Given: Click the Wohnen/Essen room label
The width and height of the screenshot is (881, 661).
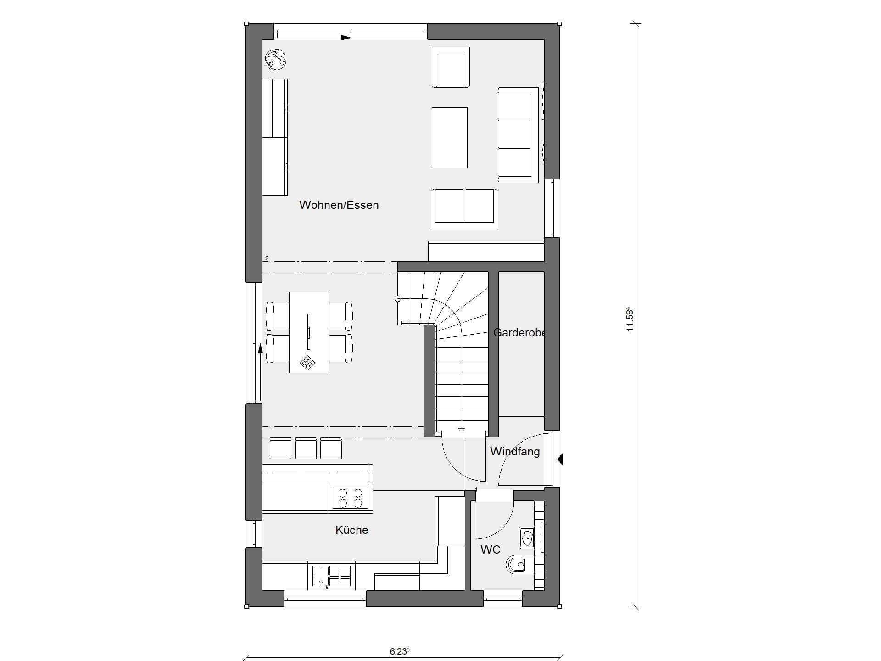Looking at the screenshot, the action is click(339, 205).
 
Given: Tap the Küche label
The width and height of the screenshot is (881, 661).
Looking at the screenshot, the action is click(352, 530).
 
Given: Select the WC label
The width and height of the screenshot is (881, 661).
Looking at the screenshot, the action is click(490, 549).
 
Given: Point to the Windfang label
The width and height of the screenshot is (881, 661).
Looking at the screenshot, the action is click(515, 452).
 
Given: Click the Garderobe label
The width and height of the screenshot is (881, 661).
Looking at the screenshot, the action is click(519, 332).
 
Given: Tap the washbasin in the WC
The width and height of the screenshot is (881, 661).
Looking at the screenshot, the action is click(528, 538).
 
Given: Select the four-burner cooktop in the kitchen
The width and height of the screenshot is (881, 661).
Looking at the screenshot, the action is click(350, 499).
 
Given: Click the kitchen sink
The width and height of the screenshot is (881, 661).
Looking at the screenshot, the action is click(331, 577).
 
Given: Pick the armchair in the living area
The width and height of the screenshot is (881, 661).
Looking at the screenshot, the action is click(451, 67).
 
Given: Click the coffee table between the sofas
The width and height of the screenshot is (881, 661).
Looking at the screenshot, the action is click(449, 138).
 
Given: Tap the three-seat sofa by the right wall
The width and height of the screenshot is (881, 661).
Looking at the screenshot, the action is click(518, 134).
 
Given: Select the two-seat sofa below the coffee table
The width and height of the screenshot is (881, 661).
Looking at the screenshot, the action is click(464, 209).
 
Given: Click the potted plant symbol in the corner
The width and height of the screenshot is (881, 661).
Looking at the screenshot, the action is click(276, 60).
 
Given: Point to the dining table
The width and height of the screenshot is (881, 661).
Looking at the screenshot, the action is click(309, 332).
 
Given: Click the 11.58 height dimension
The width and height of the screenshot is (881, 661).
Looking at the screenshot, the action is click(630, 319).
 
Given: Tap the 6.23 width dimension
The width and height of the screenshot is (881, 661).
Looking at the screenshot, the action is click(399, 651).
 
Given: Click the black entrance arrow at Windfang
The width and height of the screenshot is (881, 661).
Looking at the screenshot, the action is click(560, 459).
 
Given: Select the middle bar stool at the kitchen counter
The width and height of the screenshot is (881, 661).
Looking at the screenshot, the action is click(306, 448).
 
